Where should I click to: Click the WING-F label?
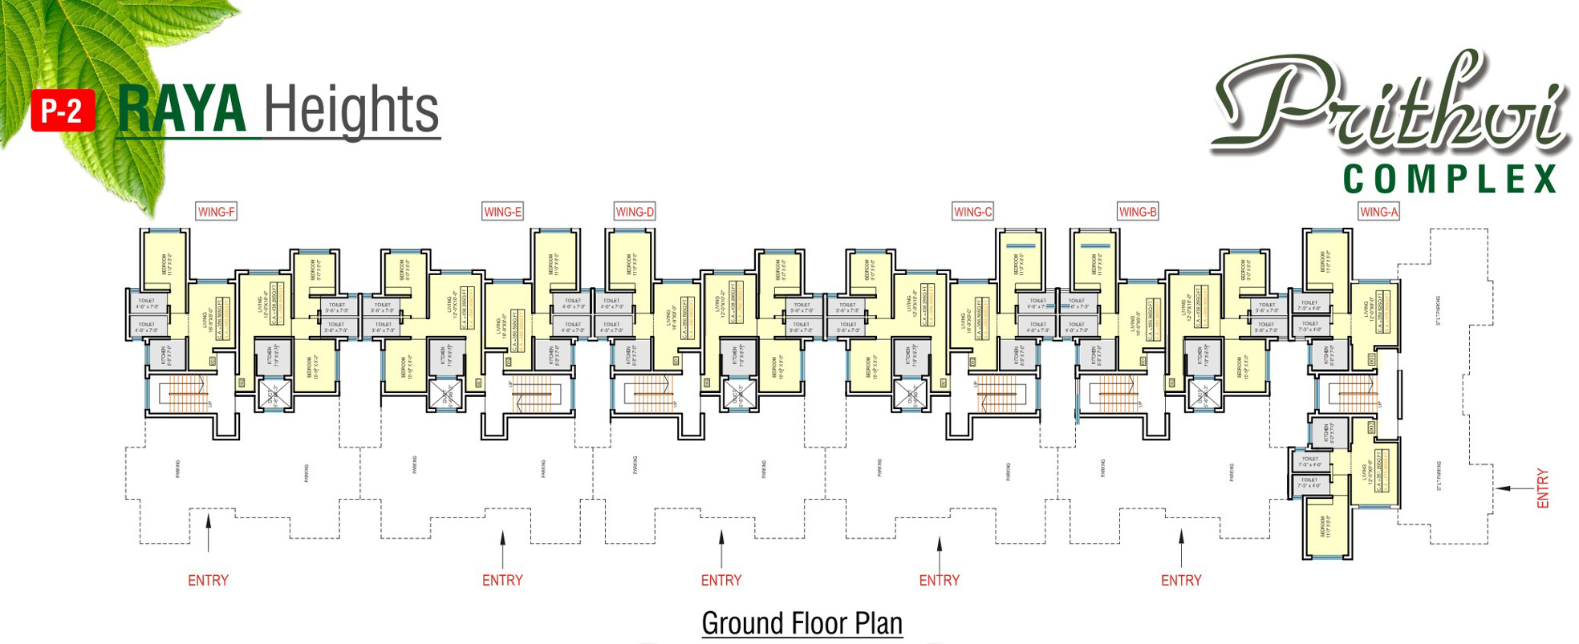(x=217, y=212)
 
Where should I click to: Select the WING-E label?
(x=502, y=212)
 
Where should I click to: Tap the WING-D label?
(x=635, y=212)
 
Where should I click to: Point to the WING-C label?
(x=972, y=212)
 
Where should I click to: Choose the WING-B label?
(x=1138, y=212)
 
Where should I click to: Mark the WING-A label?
(x=1378, y=212)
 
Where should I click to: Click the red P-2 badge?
(x=63, y=110)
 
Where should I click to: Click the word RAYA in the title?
(x=181, y=110)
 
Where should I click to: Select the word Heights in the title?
(x=351, y=110)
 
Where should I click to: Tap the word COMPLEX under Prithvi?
(x=1450, y=179)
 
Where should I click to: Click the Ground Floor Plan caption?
(x=802, y=623)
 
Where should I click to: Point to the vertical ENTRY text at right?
(x=1542, y=488)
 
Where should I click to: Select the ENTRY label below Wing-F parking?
(x=208, y=580)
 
